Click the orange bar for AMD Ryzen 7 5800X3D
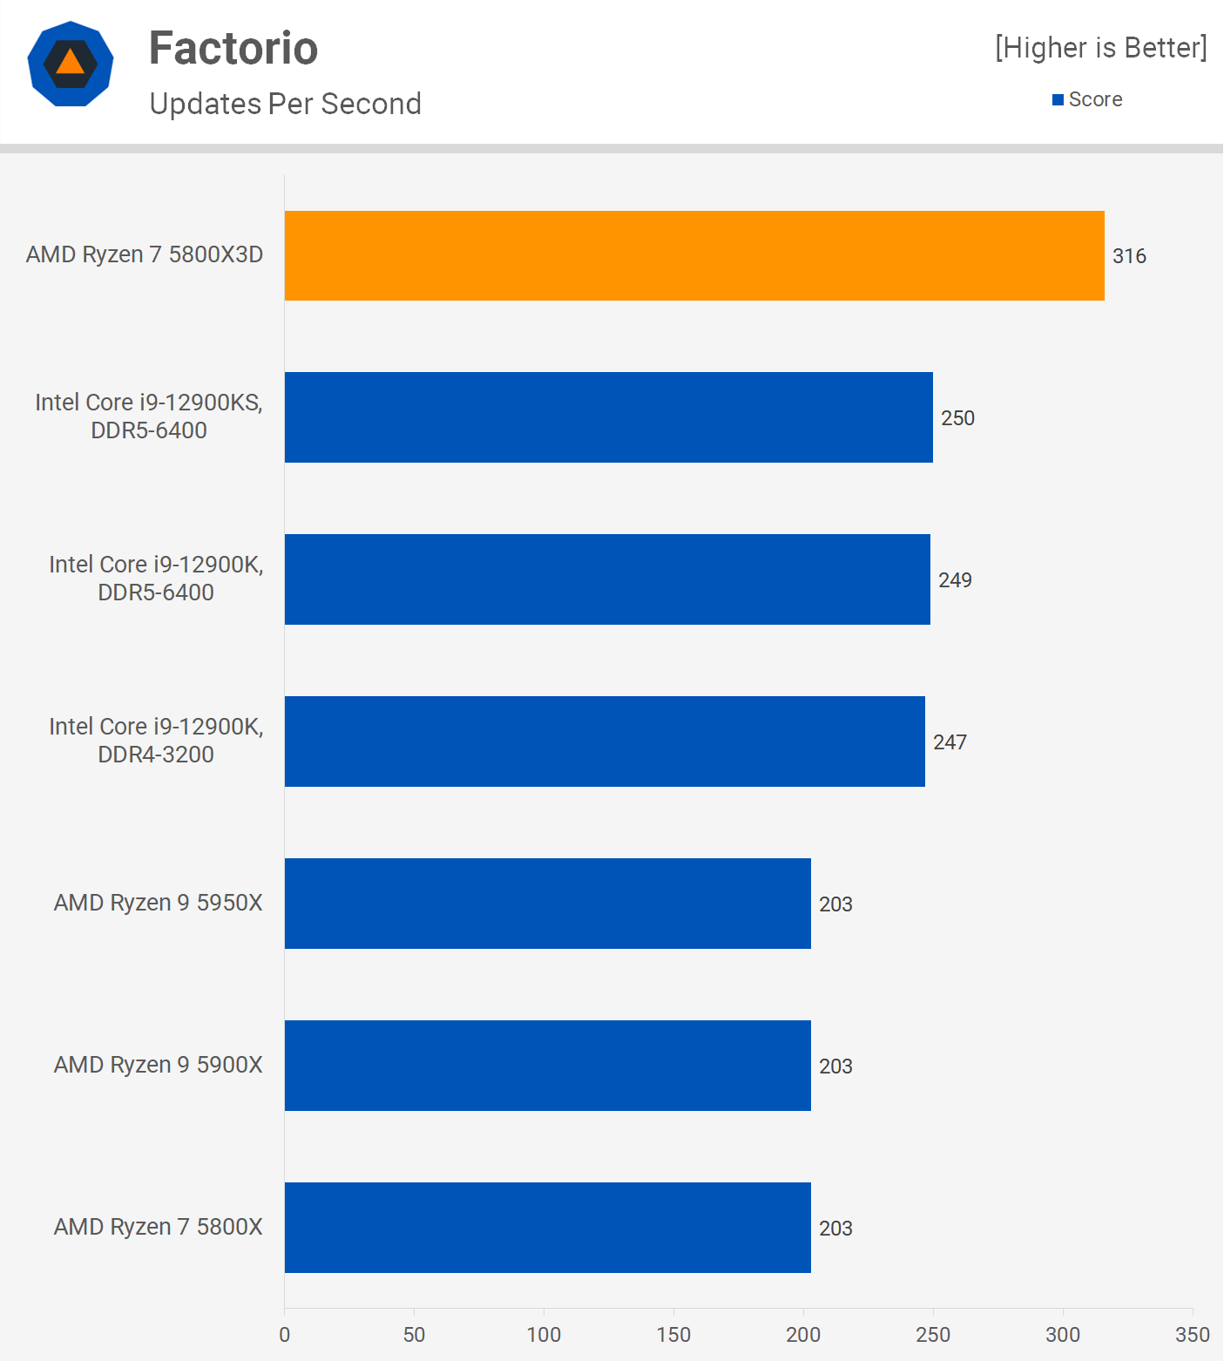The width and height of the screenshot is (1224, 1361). (x=694, y=255)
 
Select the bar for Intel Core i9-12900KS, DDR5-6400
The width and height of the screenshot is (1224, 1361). (x=608, y=417)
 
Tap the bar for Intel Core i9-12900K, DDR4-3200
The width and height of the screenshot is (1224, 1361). (x=605, y=741)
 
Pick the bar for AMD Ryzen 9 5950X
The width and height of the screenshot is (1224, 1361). (x=547, y=904)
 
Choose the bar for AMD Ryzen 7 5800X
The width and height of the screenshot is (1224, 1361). (x=547, y=1228)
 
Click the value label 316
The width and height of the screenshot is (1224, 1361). (x=1129, y=256)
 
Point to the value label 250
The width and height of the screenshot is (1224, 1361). (x=957, y=418)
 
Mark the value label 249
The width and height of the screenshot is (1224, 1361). (x=955, y=580)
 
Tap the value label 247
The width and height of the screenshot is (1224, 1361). (x=950, y=742)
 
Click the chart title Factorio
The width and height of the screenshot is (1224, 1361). (x=233, y=48)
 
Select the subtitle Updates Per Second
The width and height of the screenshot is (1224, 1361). (x=285, y=104)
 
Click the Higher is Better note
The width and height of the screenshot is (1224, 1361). (x=1101, y=48)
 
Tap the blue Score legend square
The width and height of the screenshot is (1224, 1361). (x=1058, y=100)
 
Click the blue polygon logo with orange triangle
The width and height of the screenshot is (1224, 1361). (x=71, y=64)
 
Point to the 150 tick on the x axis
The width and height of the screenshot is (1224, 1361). (x=673, y=1334)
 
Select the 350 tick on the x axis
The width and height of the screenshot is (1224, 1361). (x=1192, y=1334)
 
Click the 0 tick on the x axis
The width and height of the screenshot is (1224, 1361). (x=285, y=1334)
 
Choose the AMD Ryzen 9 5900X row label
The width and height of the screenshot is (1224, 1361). (x=159, y=1065)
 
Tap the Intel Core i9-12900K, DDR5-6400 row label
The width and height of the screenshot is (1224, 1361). (x=156, y=579)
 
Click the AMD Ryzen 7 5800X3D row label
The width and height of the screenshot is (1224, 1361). (x=145, y=254)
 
